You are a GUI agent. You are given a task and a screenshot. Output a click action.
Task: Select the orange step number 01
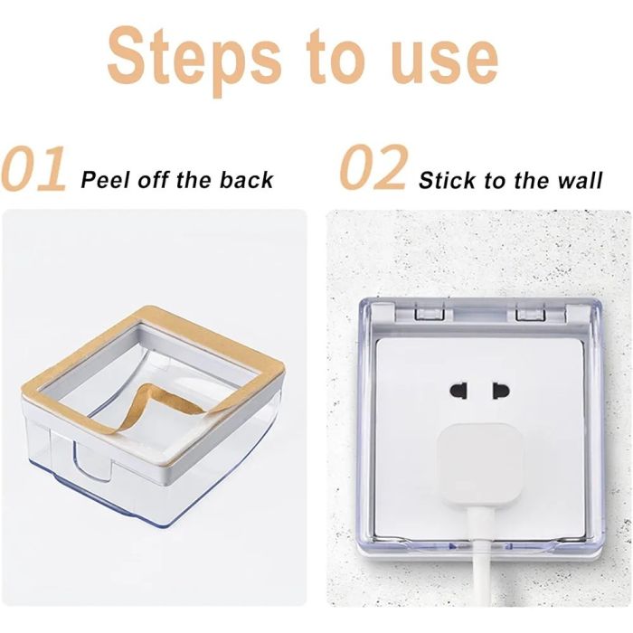pyautogui.click(x=33, y=169)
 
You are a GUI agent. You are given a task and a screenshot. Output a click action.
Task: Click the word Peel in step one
pyautogui.click(x=106, y=179)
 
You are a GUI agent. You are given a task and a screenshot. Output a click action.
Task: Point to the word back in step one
pyautogui.click(x=247, y=179)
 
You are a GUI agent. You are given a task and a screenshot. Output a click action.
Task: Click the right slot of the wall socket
pyautogui.click(x=501, y=391)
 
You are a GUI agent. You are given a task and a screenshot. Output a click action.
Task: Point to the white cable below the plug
pyautogui.click(x=480, y=557)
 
